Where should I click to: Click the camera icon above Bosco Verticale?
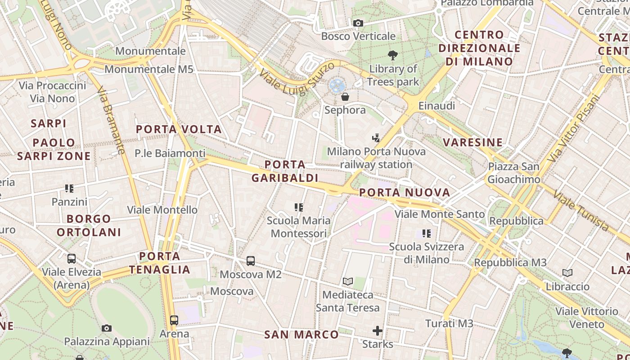click(x=358, y=23)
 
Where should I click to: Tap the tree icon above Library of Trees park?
click(x=393, y=55)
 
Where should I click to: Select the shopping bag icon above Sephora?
click(x=345, y=97)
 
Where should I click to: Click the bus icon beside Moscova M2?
click(x=251, y=261)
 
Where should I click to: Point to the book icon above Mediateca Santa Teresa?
click(x=347, y=282)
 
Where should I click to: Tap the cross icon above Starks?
click(x=378, y=331)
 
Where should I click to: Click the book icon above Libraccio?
click(x=567, y=273)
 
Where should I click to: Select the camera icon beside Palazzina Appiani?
click(x=107, y=328)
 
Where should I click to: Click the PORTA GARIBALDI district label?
click(x=285, y=171)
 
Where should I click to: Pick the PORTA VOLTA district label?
click(x=179, y=130)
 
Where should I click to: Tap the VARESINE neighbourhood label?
click(x=472, y=143)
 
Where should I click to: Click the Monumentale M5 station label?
click(x=149, y=69)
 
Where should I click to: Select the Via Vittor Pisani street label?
click(x=575, y=129)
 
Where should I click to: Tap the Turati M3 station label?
click(x=449, y=323)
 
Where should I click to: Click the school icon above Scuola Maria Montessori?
click(x=299, y=207)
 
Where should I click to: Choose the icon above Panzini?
click(x=69, y=188)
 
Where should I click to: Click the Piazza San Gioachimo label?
click(x=514, y=173)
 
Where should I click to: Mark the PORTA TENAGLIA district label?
click(x=160, y=263)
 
